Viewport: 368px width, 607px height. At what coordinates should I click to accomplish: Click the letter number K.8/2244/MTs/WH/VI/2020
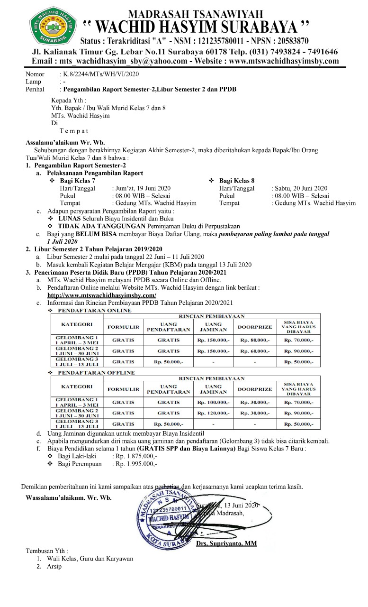tap(99, 74)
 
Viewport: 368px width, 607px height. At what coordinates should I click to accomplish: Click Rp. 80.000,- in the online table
tap(255, 340)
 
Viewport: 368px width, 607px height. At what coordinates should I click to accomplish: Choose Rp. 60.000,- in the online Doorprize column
tap(255, 351)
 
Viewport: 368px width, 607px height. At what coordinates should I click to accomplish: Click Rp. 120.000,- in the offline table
tap(213, 413)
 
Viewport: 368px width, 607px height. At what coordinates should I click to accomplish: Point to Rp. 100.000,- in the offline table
tap(213, 402)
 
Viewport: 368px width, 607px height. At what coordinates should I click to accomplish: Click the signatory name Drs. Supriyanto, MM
tap(226, 543)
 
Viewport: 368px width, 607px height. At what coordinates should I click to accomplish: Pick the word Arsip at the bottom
tap(54, 567)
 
